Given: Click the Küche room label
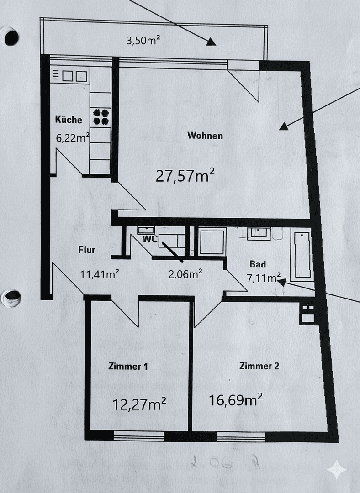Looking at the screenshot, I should (x=69, y=120).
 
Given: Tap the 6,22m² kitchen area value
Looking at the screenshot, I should (x=72, y=138).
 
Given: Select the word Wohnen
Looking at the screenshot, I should (x=205, y=136).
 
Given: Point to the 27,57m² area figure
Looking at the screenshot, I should (x=185, y=176).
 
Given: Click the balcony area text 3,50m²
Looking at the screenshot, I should (x=143, y=40).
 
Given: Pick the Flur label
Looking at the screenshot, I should (x=86, y=250).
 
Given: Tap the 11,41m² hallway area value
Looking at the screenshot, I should (x=100, y=274).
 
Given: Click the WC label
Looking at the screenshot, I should (x=150, y=239).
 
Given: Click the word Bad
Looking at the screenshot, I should (x=258, y=264).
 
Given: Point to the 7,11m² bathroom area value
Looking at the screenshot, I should (x=263, y=278).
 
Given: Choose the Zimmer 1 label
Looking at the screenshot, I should (x=128, y=366).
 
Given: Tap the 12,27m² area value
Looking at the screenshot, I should (x=139, y=404).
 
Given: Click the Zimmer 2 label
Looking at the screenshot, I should (x=259, y=366).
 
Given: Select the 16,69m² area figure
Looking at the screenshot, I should (x=235, y=400).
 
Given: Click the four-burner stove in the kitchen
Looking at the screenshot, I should (x=101, y=116).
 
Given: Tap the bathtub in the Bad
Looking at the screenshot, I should (x=302, y=255).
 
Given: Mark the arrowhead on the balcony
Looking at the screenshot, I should (x=211, y=42).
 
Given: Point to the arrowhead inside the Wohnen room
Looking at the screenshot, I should (x=284, y=126).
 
